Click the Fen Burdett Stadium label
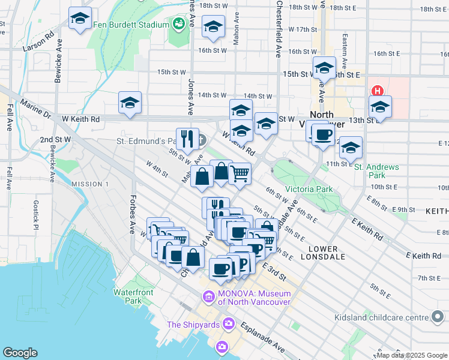pyautogui.click(x=131, y=25)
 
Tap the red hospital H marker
pyautogui.click(x=378, y=91)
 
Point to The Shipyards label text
pyautogui.click(x=190, y=325)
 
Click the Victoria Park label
pyautogui.click(x=309, y=189)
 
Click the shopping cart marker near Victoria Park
pyautogui.click(x=240, y=174)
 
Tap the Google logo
pyautogui.click(x=20, y=353)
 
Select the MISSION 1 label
pyautogui.click(x=89, y=184)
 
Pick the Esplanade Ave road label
pyautogui.click(x=263, y=337)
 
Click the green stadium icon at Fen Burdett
pyautogui.click(x=178, y=25)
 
